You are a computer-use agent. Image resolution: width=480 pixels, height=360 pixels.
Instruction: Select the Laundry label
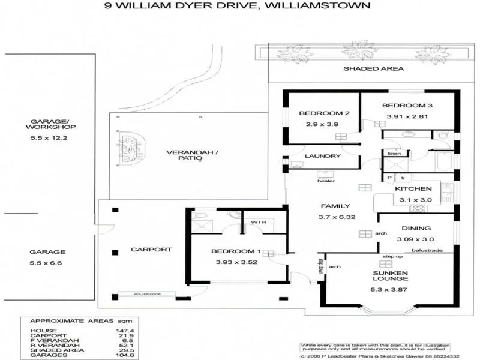point(322,156)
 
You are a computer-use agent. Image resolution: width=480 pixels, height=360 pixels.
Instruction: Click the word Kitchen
point(413,189)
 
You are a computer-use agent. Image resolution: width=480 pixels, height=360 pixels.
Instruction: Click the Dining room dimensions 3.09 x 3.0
point(413,239)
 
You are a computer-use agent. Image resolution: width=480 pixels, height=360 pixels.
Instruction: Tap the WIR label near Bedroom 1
point(259,222)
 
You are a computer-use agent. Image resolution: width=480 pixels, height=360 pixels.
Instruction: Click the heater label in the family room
point(326,181)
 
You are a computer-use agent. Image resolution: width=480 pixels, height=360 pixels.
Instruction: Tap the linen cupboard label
point(394,154)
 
